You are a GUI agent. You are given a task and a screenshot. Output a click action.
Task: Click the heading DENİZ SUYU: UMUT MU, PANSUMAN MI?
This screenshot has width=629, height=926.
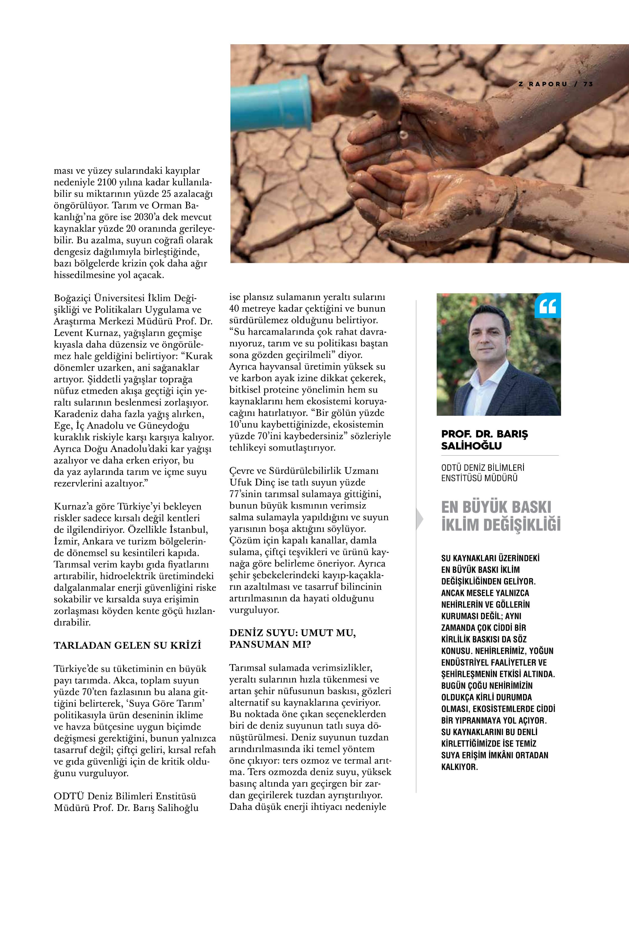(x=292, y=639)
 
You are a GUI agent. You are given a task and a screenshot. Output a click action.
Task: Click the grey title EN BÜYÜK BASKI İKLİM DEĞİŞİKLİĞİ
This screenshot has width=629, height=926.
(x=501, y=516)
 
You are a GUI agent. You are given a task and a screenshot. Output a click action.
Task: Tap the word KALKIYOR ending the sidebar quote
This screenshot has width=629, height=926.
(x=459, y=767)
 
